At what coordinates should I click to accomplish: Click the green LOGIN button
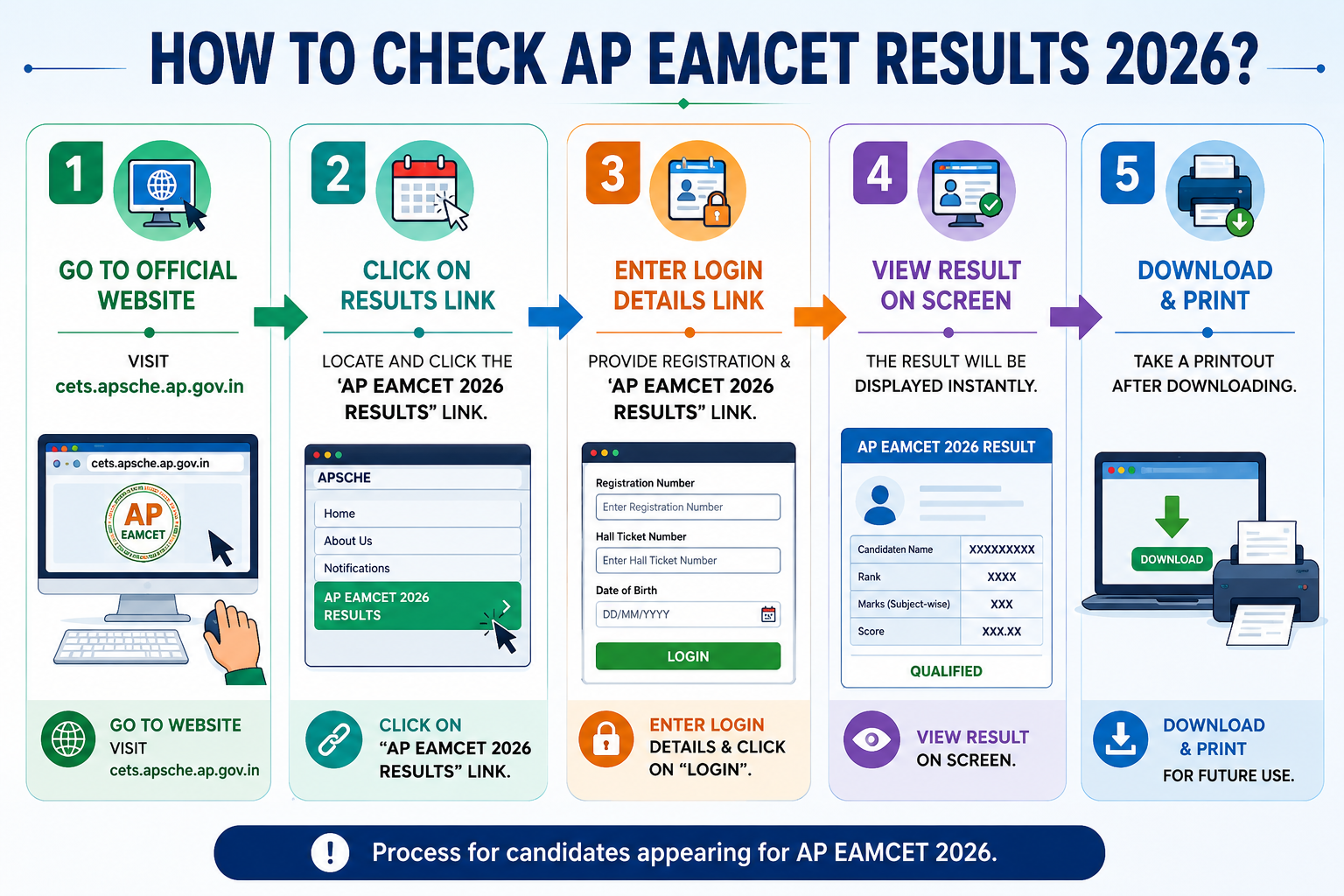click(x=688, y=656)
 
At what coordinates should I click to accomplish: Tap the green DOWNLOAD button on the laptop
click(x=1172, y=559)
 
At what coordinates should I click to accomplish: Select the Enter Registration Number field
click(x=688, y=507)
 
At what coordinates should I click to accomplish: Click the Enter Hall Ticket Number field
click(x=688, y=561)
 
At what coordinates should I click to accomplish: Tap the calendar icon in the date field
click(x=768, y=614)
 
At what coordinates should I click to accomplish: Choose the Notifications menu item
click(x=417, y=568)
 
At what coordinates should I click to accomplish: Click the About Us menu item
click(x=417, y=541)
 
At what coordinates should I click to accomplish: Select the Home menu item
click(x=417, y=514)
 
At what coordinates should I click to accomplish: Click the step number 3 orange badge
click(x=612, y=173)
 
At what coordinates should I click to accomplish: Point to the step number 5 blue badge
click(x=1127, y=173)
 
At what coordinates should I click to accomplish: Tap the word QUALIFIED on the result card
click(x=946, y=671)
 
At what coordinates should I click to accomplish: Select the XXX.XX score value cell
click(x=1001, y=632)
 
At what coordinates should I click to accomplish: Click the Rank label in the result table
click(x=869, y=577)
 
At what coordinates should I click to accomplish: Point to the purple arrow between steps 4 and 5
click(x=1075, y=317)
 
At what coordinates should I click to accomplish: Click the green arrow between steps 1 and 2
click(x=280, y=317)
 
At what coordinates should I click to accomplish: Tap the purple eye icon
click(x=871, y=739)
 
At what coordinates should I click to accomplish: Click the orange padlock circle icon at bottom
click(x=606, y=739)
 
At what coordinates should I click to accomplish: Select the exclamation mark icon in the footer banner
click(x=330, y=852)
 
